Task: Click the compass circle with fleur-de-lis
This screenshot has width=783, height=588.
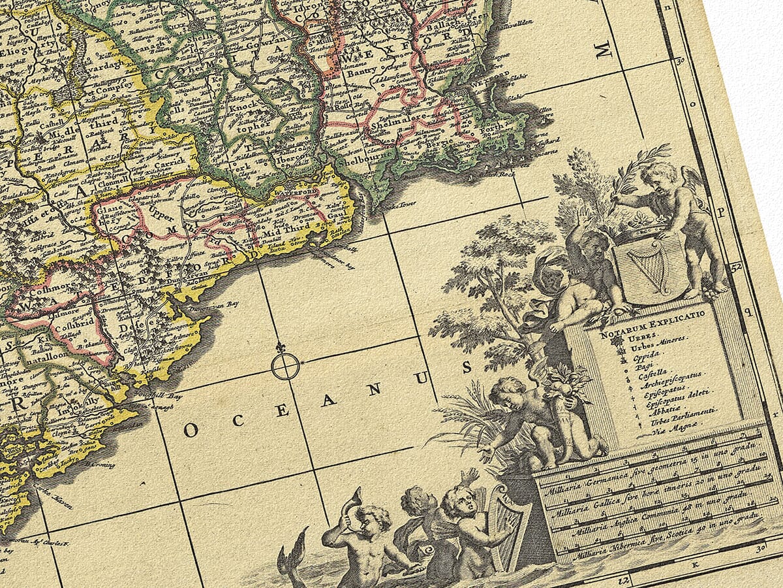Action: coord(285,366)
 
